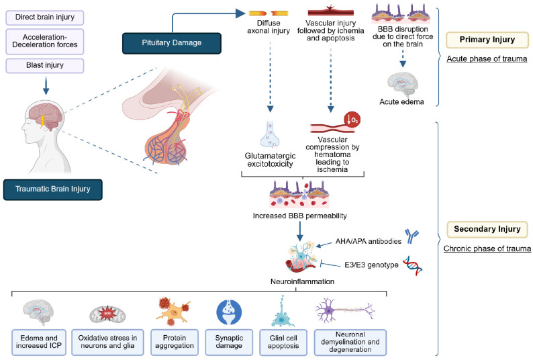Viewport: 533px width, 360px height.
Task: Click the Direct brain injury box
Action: tap(45, 17)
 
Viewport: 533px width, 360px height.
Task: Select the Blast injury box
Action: tap(45, 65)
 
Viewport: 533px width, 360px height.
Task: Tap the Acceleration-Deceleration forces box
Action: tap(45, 41)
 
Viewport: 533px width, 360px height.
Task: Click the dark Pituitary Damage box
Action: tap(172, 43)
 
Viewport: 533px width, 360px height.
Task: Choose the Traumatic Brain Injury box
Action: tap(52, 189)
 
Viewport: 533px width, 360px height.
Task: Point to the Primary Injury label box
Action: tap(487, 40)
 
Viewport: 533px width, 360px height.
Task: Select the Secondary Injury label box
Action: tap(487, 229)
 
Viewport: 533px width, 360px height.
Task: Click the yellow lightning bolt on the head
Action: tap(43, 121)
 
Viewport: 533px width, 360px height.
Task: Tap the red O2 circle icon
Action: tap(352, 120)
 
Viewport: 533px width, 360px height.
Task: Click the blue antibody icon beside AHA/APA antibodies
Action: tap(411, 236)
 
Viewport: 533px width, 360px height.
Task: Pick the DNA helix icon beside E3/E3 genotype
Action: tap(412, 265)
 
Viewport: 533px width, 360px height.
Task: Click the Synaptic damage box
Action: tap(229, 342)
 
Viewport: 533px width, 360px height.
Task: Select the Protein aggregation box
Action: tap(175, 342)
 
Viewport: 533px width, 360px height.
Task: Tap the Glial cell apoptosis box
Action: tap(283, 342)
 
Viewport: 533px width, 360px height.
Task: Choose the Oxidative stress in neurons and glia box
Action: tap(107, 342)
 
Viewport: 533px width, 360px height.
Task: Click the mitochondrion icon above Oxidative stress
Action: tap(107, 314)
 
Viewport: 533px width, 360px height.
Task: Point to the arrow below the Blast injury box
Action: tap(46, 86)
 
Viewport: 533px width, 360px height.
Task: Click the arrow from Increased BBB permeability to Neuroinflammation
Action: tap(300, 231)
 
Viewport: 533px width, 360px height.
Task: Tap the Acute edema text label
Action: tap(402, 101)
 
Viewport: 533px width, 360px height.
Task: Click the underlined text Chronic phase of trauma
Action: tap(487, 249)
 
